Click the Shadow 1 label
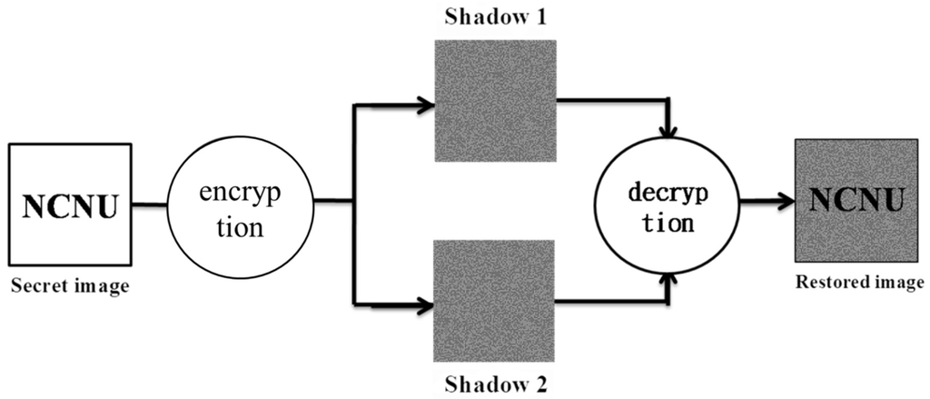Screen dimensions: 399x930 click(x=494, y=17)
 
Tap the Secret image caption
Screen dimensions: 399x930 click(x=69, y=288)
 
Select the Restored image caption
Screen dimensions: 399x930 click(x=859, y=283)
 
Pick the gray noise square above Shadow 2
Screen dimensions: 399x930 click(x=495, y=299)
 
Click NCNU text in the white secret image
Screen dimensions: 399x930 click(x=70, y=206)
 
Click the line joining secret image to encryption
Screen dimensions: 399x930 click(x=148, y=204)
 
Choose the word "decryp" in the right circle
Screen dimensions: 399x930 click(x=668, y=193)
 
